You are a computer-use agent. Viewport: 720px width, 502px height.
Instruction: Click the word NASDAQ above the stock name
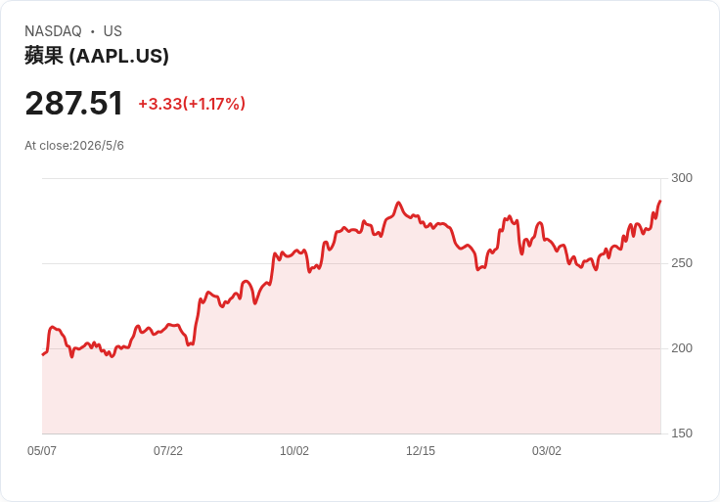point(53,31)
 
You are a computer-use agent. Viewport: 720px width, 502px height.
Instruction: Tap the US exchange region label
point(112,31)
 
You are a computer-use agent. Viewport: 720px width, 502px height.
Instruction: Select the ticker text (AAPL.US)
point(119,56)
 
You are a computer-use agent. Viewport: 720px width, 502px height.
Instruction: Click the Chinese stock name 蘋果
point(44,56)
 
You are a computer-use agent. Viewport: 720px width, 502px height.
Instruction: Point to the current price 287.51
point(74,103)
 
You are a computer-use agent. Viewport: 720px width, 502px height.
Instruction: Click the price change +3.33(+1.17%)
point(192,104)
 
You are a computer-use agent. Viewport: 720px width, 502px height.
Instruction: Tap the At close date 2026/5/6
point(98,146)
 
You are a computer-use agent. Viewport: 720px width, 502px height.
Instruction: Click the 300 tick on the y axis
point(682,178)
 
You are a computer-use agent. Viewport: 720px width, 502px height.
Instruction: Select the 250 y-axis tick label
point(682,263)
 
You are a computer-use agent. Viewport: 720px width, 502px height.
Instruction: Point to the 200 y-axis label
point(682,348)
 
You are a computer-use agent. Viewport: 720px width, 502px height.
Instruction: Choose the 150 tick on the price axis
point(682,434)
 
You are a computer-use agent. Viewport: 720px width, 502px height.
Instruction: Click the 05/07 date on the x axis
point(42,450)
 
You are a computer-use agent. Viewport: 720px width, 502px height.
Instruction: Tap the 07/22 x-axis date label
point(168,450)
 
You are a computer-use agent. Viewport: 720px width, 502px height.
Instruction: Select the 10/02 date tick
point(294,450)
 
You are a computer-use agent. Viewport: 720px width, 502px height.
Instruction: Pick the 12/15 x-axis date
point(420,450)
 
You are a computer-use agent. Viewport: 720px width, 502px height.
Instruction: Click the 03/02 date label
point(547,450)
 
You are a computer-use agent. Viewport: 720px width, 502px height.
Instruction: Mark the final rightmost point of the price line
point(660,201)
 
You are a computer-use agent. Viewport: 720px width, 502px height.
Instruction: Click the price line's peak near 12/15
point(398,203)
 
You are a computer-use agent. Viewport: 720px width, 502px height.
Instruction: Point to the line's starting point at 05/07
point(43,354)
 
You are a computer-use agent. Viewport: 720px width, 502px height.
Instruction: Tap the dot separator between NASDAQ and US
point(92,31)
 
